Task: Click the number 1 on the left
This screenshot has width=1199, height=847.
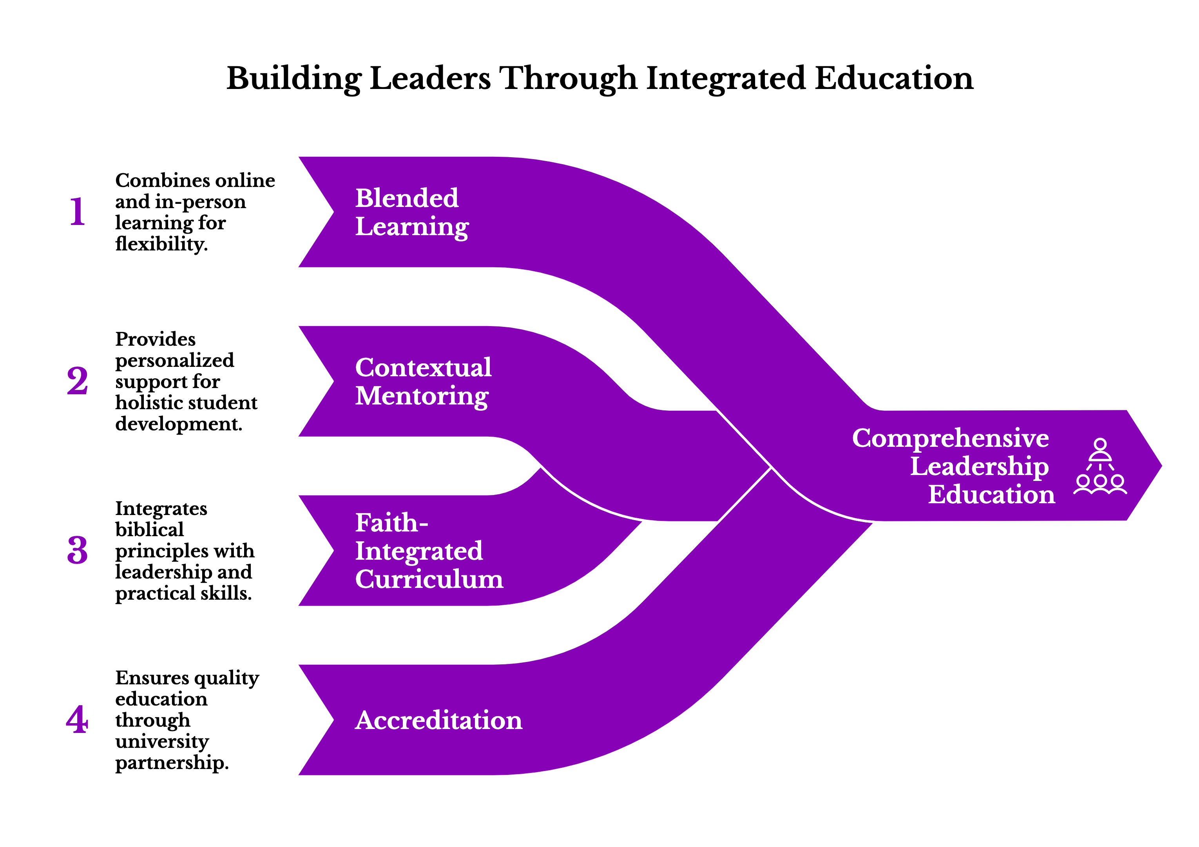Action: coord(77,211)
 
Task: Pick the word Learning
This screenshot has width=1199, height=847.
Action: coord(412,227)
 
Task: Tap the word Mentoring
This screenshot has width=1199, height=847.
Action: coord(422,397)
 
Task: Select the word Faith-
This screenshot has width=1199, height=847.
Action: coord(392,522)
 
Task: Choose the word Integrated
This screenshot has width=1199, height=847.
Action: coord(419,551)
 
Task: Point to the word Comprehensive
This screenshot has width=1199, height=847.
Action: coord(951,438)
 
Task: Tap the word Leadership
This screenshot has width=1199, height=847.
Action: coord(979,466)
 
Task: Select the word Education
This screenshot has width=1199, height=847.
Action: coord(991,494)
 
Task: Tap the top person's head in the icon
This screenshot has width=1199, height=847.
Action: coord(1100,444)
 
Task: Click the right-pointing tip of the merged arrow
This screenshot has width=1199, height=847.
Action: coord(1163,466)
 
